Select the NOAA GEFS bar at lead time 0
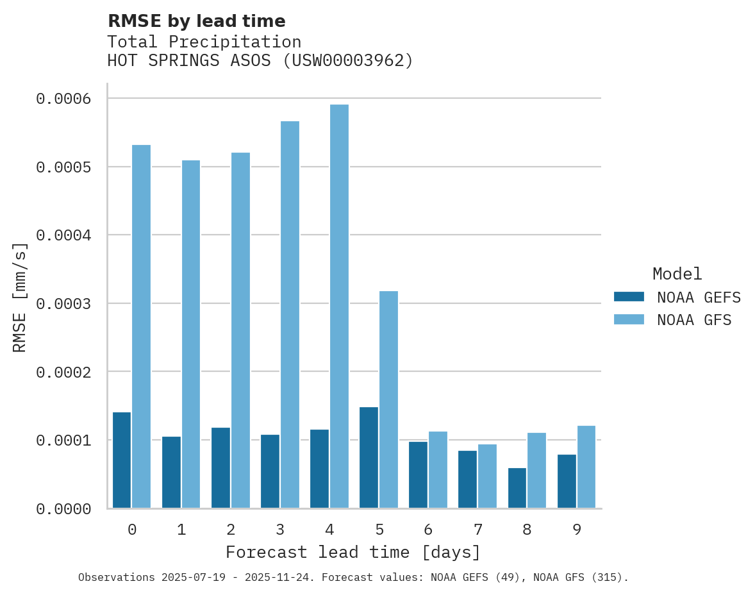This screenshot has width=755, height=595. [122, 460]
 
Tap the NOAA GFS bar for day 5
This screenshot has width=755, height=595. [388, 399]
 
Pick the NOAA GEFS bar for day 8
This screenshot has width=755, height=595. [517, 488]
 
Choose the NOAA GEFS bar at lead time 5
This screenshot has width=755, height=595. [369, 458]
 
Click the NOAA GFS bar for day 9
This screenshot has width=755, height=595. [586, 467]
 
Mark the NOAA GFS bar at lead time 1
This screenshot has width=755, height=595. [191, 334]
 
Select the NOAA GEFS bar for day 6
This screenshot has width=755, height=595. [418, 474]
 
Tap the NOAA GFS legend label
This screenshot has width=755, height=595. [694, 320]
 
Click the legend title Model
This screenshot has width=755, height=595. [677, 274]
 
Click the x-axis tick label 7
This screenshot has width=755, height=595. [477, 530]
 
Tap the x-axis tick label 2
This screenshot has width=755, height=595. [231, 530]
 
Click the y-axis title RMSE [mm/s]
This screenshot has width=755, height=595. [20, 297]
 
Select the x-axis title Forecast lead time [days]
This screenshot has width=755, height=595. [353, 552]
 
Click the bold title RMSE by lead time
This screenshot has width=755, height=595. [196, 21]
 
